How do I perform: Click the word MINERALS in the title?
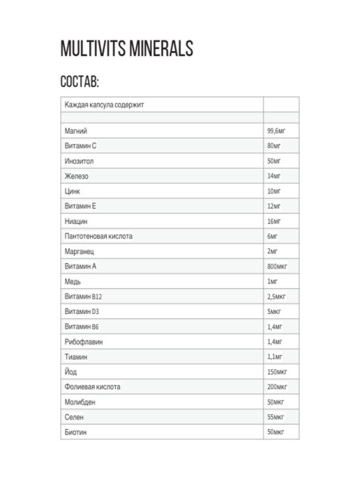point(153,49)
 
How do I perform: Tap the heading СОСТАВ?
point(80,82)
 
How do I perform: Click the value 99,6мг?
point(276,131)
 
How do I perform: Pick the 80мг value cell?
point(273,147)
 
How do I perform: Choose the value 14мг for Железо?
point(273,177)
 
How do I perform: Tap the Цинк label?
point(72,191)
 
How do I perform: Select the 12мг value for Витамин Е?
point(273,207)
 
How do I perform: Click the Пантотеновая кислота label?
point(98,237)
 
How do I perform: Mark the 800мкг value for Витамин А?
point(276,267)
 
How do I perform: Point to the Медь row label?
point(72,281)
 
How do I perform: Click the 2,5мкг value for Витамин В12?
point(276,297)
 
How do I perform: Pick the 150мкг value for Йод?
point(276,372)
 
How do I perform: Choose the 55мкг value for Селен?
point(275,417)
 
